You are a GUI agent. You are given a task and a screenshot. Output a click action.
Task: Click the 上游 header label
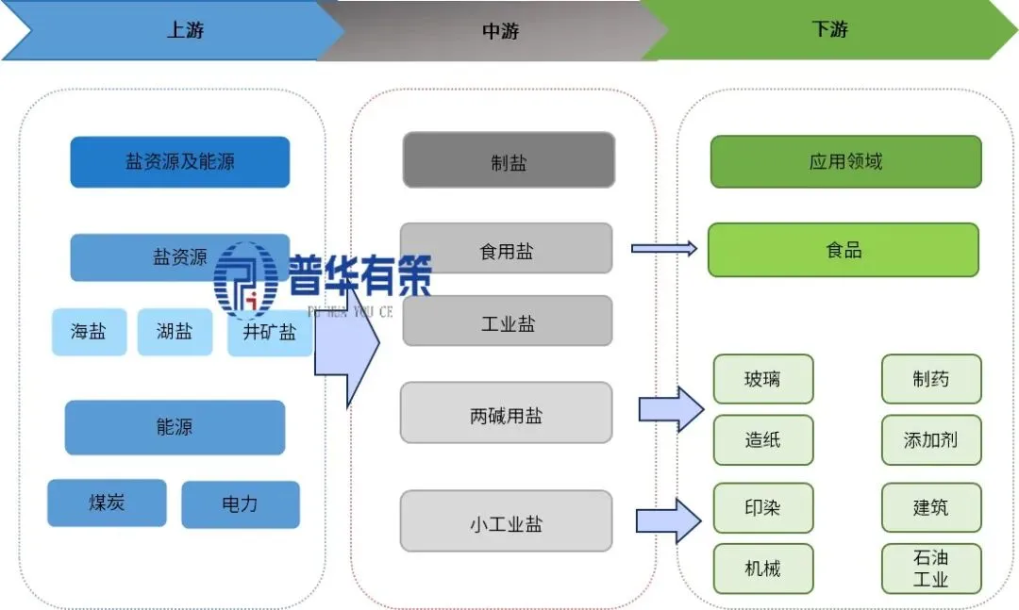(184, 30)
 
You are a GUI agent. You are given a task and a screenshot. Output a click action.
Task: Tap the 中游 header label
(500, 31)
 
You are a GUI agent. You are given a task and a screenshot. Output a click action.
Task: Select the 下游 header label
(829, 29)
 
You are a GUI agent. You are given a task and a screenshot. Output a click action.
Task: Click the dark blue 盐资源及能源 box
(179, 162)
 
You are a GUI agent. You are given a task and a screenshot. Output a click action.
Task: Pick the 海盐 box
(89, 332)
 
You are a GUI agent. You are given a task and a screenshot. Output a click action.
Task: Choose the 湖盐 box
(175, 332)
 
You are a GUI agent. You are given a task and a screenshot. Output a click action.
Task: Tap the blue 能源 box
(175, 427)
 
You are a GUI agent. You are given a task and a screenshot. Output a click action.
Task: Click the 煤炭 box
(107, 503)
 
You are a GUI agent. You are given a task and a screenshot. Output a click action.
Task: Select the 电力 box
(240, 504)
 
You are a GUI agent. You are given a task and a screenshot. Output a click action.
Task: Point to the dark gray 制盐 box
(509, 160)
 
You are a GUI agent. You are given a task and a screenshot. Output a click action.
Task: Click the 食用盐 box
(506, 250)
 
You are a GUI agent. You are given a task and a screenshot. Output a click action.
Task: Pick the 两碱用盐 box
(506, 413)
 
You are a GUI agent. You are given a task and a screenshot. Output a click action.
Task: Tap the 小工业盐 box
(506, 521)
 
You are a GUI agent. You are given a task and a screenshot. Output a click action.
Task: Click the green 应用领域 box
(845, 162)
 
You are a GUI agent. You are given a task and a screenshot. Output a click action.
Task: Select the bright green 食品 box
(843, 250)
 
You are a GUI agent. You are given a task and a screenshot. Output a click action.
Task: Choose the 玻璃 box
(762, 379)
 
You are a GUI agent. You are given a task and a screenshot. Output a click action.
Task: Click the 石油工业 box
(930, 569)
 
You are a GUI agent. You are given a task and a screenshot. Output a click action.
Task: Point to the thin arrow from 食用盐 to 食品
(664, 249)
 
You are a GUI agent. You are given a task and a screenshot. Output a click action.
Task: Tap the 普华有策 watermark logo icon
(244, 278)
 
